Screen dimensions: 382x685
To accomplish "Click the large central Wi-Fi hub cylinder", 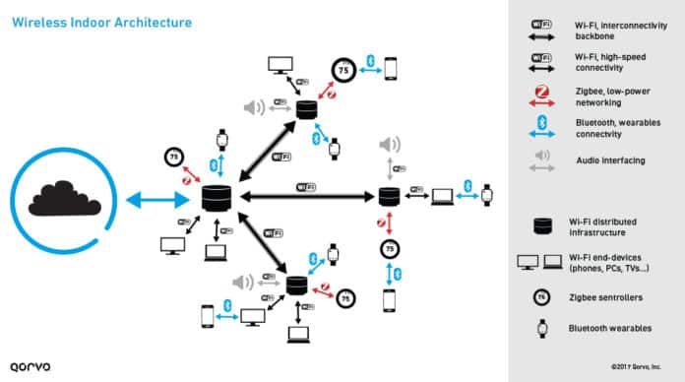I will coord(216,198).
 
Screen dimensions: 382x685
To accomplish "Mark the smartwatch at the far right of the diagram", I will coord(486,195).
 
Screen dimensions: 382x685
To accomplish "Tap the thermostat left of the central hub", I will coord(173,158).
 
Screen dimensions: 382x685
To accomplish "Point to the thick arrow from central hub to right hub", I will coord(305,196).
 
